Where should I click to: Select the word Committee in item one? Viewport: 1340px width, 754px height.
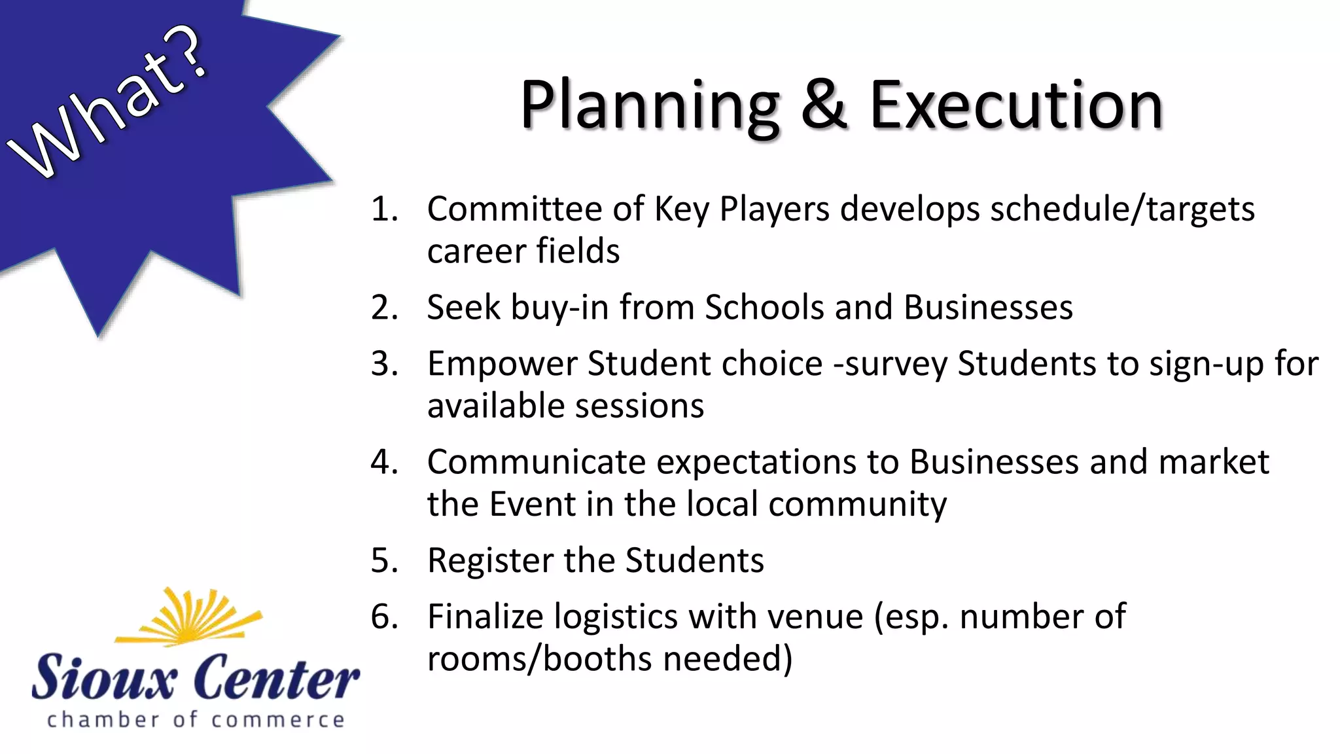point(514,209)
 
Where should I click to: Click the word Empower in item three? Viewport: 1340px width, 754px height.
point(502,364)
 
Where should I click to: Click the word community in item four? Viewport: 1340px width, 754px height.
point(857,505)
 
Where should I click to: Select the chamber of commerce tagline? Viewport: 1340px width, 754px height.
point(195,720)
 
